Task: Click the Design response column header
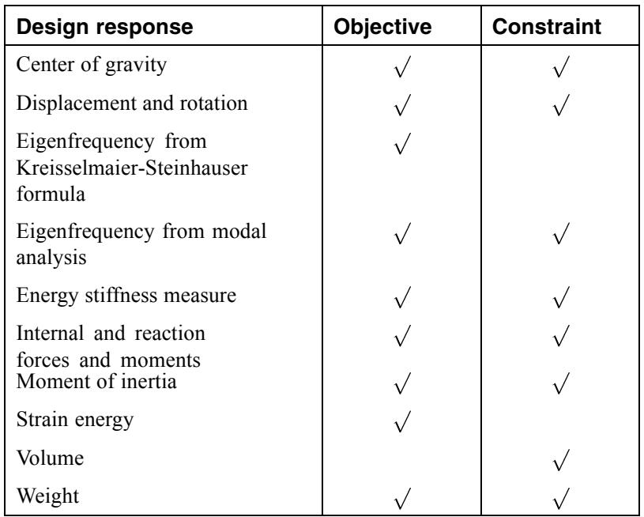(x=105, y=27)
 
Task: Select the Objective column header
(x=382, y=27)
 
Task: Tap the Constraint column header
(x=547, y=26)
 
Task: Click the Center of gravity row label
(x=91, y=65)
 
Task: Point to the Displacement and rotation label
(x=132, y=103)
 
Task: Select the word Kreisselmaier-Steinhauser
(x=132, y=168)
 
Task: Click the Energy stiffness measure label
(x=126, y=296)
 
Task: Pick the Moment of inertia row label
(x=96, y=381)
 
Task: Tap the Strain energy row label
(x=75, y=421)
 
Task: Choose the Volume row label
(x=50, y=458)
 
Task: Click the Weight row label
(x=47, y=496)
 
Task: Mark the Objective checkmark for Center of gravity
(x=402, y=66)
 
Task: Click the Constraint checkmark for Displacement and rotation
(x=562, y=105)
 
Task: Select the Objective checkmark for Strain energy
(x=402, y=421)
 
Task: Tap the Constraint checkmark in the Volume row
(x=562, y=460)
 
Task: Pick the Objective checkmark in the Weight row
(x=402, y=498)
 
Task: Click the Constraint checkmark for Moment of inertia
(x=562, y=383)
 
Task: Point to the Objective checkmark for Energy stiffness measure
(x=402, y=297)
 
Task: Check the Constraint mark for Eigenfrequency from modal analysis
(x=562, y=233)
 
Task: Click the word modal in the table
(x=239, y=231)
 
